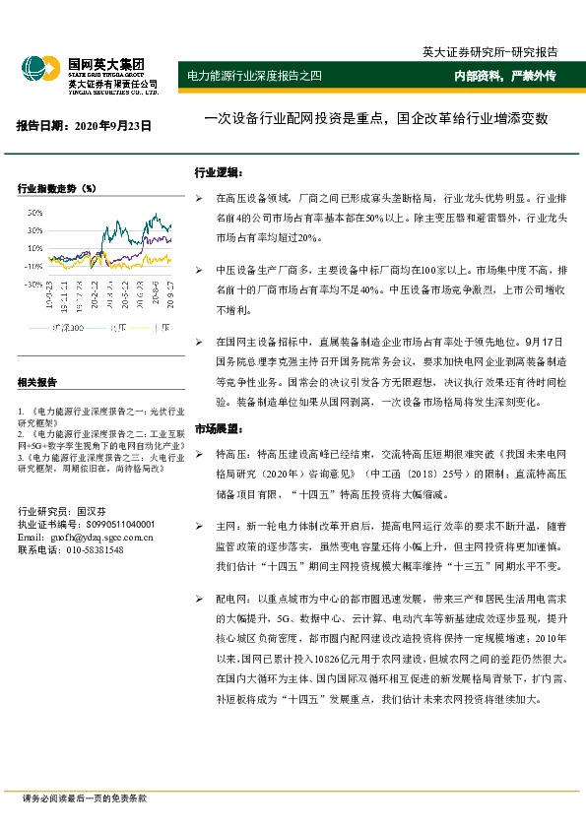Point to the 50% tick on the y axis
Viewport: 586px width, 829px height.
[33, 213]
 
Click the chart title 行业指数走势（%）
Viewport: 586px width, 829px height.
[57, 187]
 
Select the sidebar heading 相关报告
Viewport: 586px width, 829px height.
[37, 382]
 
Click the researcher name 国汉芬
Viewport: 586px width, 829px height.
[90, 512]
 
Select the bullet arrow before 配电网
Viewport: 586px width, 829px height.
[200, 599]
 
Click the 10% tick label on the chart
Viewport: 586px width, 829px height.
[33, 248]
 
